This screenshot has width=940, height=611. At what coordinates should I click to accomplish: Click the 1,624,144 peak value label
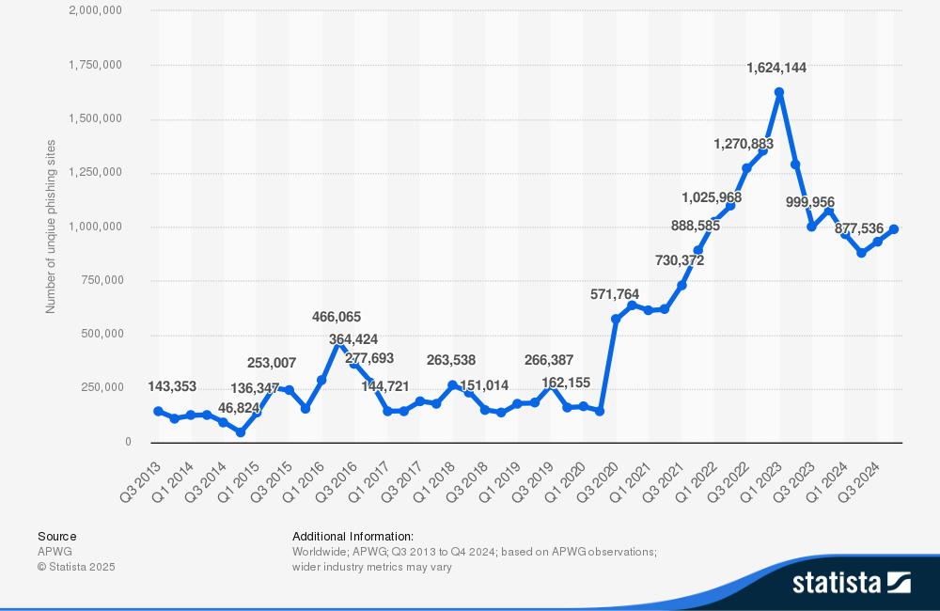pos(775,68)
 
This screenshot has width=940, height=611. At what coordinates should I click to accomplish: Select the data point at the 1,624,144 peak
pos(779,92)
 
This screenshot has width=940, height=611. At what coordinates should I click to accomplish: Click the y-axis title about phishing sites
pos(51,226)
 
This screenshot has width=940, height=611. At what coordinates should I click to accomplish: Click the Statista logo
pos(851,582)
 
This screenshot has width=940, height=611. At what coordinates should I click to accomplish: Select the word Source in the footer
pos(57,536)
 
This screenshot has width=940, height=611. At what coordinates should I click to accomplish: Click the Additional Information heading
pos(352,536)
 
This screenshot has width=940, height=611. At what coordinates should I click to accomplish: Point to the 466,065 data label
pos(337,317)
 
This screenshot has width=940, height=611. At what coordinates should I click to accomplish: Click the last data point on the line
pos(894,229)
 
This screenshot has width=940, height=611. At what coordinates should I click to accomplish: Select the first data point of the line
pos(158,411)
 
